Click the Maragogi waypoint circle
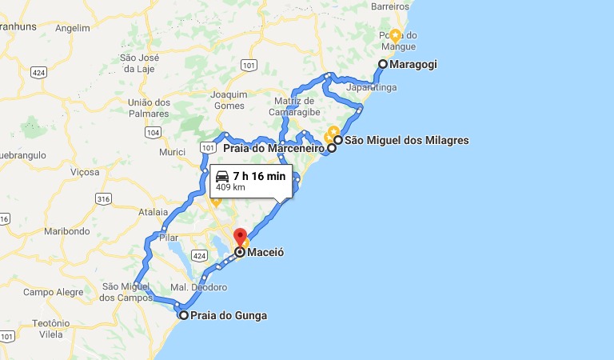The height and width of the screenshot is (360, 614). point(383,64)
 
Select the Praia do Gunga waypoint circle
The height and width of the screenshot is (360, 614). point(184,316)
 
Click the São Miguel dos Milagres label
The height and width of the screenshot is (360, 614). point(406,141)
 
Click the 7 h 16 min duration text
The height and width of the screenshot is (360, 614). point(259,176)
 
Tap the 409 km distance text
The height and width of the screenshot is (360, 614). point(230,188)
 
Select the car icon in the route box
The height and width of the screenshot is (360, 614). point(222,176)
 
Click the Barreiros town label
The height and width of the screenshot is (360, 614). point(391,6)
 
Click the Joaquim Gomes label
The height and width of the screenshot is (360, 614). point(229,99)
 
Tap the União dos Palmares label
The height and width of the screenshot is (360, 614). point(150,108)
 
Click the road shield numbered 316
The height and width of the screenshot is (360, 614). point(103,198)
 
